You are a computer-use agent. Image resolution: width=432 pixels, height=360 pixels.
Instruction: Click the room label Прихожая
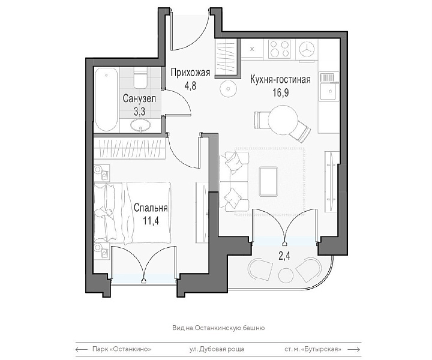[190, 73]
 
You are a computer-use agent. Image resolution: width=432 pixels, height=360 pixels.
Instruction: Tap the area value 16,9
[281, 93]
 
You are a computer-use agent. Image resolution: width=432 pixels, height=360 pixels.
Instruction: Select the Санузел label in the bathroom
[139, 98]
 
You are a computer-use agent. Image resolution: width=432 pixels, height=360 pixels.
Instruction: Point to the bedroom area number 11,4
[151, 221]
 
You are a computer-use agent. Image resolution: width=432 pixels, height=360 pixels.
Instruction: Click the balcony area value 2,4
[284, 256]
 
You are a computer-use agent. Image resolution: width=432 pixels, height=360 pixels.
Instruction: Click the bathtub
[106, 99]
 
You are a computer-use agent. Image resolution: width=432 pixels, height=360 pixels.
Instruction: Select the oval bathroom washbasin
[140, 125]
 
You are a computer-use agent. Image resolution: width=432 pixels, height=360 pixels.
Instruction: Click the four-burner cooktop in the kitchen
[280, 49]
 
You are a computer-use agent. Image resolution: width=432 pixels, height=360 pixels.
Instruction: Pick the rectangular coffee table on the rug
[268, 181]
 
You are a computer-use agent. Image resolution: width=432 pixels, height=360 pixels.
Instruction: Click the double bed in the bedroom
[132, 213]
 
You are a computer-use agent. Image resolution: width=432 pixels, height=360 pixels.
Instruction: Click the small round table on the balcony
[286, 275]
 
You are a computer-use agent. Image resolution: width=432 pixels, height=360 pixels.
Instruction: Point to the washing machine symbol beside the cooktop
[307, 49]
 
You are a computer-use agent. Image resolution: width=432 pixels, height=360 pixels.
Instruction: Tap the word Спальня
[151, 208]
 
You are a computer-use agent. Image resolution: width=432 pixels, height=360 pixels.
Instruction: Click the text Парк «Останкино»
[121, 349]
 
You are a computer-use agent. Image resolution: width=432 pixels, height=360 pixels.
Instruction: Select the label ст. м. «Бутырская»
[313, 349]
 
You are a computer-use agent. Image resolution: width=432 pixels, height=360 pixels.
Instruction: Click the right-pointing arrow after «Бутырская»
[354, 350]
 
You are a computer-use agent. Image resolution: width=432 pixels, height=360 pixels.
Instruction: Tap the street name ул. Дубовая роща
[217, 349]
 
